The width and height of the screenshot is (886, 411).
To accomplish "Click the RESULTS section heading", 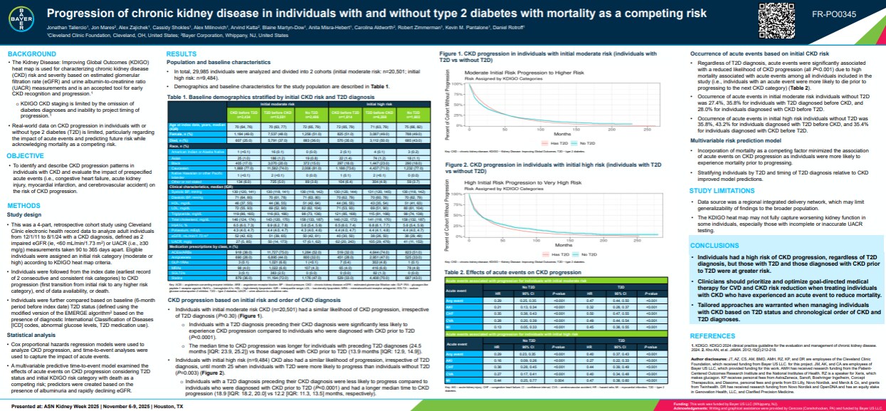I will coord(181,54).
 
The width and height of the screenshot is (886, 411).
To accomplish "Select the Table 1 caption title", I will coord(252,95).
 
